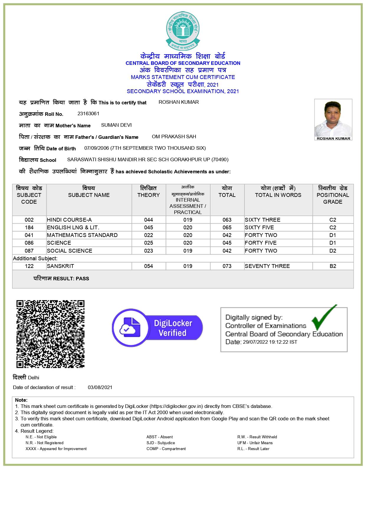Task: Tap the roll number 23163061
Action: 88,114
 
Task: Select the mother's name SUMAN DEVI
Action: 116,125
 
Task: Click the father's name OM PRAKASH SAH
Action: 174,137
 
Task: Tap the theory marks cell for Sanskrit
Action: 148,266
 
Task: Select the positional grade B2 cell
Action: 333,266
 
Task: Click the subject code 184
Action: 29,228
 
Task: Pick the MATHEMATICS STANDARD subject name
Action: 82,235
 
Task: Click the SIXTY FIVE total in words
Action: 259,228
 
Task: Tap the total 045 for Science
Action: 227,243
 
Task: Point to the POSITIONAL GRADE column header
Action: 333,195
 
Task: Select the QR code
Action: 50,334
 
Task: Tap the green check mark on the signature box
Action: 324,318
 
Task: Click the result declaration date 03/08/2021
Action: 100,388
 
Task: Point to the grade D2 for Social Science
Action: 333,251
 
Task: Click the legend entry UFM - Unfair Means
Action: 255,443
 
